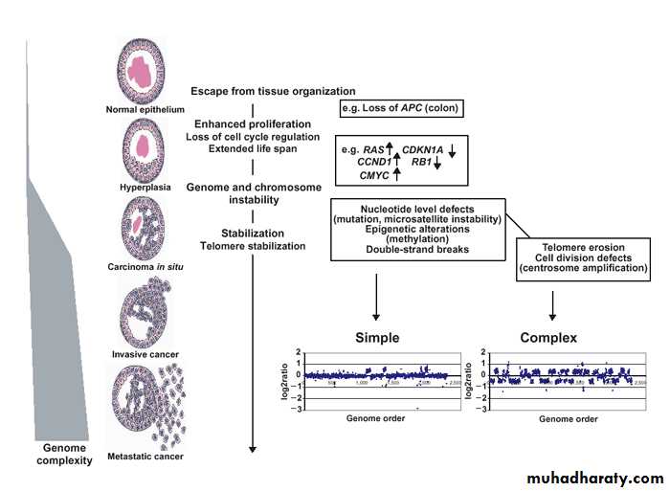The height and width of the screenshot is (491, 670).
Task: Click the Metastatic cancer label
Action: click(x=145, y=457)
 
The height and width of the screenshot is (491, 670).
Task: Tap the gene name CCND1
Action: click(x=364, y=163)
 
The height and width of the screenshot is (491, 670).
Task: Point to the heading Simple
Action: click(x=377, y=338)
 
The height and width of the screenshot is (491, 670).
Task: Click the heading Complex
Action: click(x=549, y=338)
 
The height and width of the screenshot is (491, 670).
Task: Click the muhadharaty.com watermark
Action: click(x=593, y=478)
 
